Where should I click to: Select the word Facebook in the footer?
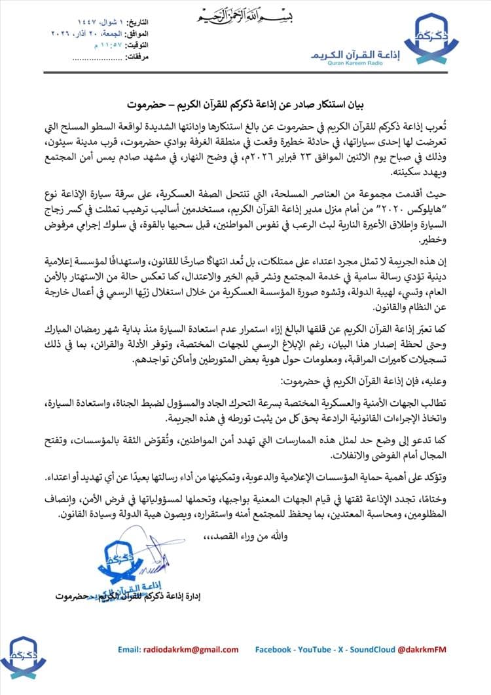[x=273, y=649]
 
